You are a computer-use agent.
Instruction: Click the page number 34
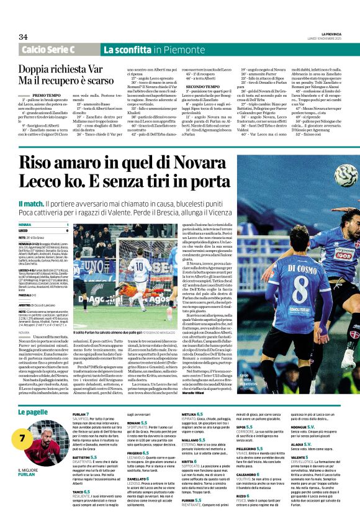tap(23, 37)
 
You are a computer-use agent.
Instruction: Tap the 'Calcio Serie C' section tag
tap(56, 50)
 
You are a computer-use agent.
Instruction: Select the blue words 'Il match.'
tap(31, 204)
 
